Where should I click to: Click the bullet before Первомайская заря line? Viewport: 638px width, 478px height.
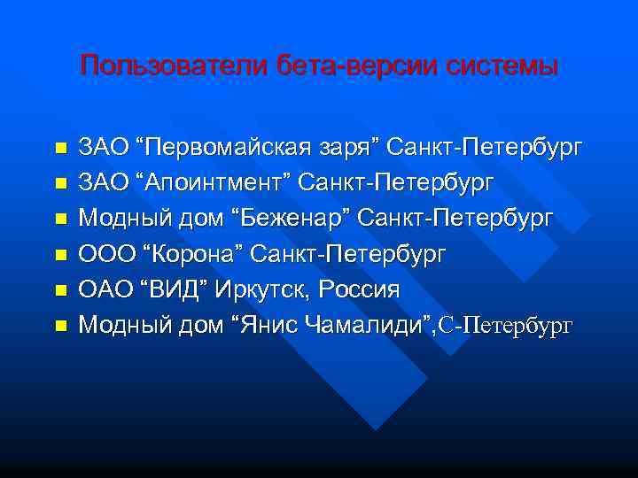click(60, 147)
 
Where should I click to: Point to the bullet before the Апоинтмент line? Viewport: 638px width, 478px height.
click(60, 183)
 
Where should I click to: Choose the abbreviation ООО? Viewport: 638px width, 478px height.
click(102, 254)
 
